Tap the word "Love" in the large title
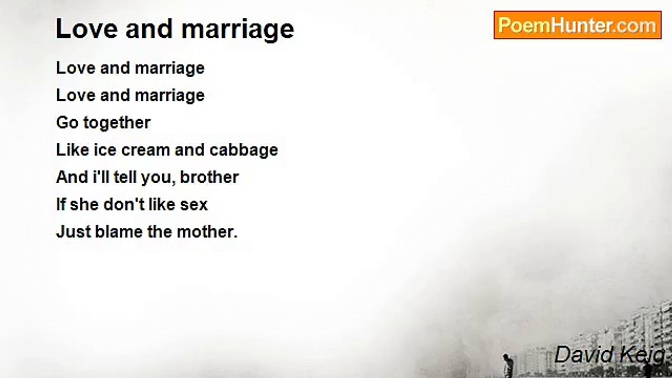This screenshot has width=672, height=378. tap(87, 29)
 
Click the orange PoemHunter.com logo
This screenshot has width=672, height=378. tap(577, 25)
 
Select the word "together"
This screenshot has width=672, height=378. tap(117, 123)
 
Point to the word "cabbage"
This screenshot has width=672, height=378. tap(244, 150)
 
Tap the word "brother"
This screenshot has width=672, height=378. tap(209, 177)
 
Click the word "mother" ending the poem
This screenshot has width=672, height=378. tap(207, 232)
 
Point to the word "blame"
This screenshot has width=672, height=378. tap(119, 232)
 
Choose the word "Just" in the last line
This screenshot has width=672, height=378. tap(73, 232)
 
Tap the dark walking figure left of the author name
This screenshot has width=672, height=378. tap(507, 365)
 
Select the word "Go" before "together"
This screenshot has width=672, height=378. tap(67, 123)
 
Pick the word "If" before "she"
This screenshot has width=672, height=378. tap(60, 204)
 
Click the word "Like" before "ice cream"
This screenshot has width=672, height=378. tap(72, 150)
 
